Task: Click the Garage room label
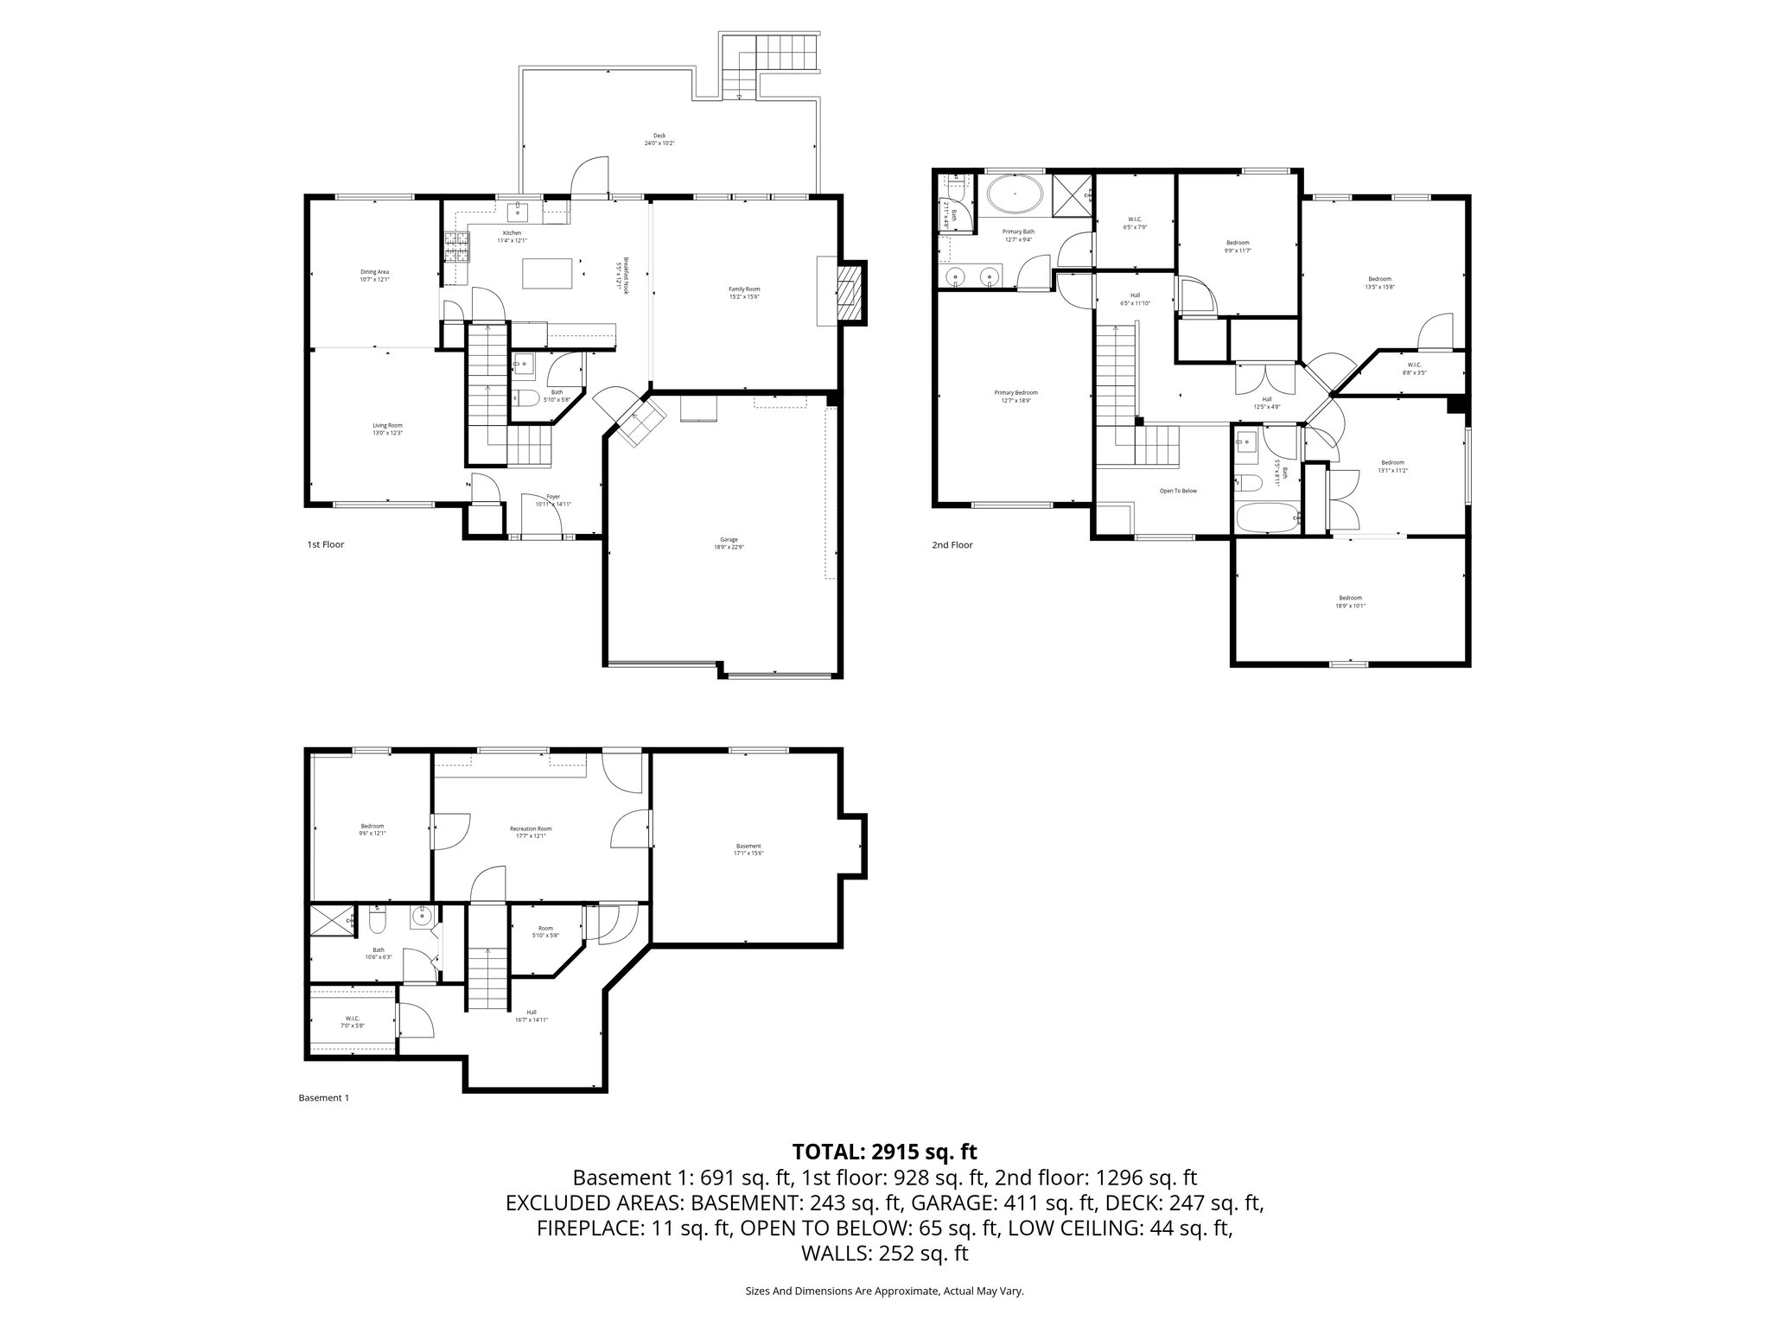pos(729,543)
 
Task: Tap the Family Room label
pos(743,293)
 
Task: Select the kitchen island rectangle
pos(548,275)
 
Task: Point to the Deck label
pos(659,139)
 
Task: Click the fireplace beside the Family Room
pos(850,293)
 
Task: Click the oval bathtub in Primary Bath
pos(1015,195)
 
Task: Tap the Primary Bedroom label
pos(1016,397)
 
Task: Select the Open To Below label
pos(1178,491)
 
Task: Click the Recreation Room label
pos(531,832)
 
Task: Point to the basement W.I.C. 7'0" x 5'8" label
pos(352,1022)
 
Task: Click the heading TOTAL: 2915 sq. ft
pos(884,1152)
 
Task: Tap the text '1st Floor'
pos(326,545)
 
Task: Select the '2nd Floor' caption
pos(952,545)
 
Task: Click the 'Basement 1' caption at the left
pos(323,1098)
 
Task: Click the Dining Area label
pos(374,276)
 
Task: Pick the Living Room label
pos(387,429)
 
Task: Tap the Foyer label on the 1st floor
pos(553,500)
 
